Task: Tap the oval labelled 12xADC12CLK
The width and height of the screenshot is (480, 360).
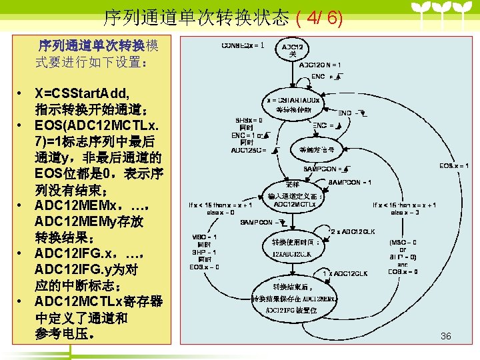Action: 291,248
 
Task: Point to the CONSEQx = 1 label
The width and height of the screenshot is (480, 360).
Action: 238,45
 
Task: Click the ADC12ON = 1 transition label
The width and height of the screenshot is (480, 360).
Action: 320,65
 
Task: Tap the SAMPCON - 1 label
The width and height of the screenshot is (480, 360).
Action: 351,182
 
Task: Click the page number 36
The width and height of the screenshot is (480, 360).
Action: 445,336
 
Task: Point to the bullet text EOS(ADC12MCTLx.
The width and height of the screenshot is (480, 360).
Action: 97,125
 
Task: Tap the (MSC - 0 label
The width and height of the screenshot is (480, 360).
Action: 403,242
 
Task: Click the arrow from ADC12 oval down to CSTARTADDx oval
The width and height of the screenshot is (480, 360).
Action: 293,75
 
